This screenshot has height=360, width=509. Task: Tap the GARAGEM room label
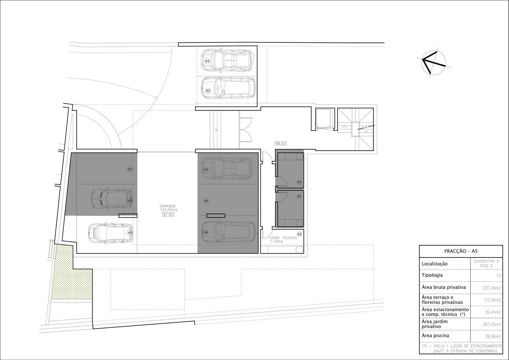[168, 206]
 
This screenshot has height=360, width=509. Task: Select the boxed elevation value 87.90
[168, 214]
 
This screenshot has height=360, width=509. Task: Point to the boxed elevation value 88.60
[281, 144]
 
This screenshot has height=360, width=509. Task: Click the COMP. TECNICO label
[283, 238]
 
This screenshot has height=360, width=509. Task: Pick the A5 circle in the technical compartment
[299, 234]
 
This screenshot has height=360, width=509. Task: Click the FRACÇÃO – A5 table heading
[461, 251]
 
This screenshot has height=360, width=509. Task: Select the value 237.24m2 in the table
[492, 288]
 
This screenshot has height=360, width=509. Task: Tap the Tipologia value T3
[498, 276]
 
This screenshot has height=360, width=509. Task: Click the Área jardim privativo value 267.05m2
[492, 324]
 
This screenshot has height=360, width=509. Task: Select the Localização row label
[435, 264]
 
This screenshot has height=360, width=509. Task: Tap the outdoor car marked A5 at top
[228, 88]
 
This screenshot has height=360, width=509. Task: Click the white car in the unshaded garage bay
[111, 233]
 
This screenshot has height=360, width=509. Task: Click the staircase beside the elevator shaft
[355, 129]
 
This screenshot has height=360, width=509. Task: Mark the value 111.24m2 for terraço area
[492, 300]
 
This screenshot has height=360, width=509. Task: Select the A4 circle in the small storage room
[299, 197]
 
